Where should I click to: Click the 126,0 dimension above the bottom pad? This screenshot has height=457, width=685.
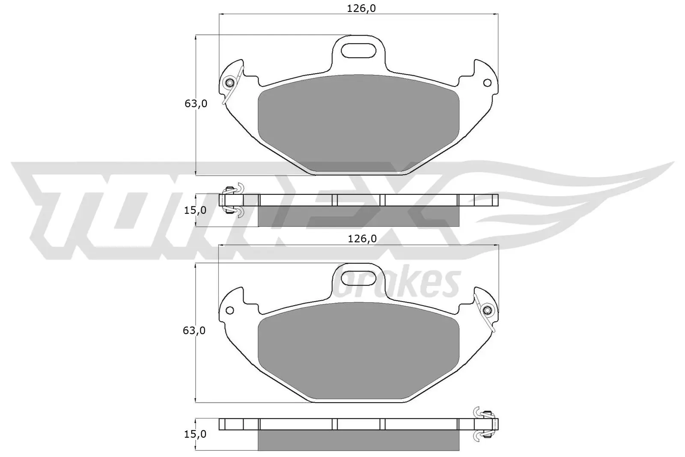(x=362, y=239)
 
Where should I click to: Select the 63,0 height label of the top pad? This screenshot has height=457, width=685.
(x=196, y=104)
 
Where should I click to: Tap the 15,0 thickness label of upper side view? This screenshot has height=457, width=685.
(x=195, y=210)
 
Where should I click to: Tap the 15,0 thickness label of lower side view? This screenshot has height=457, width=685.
(x=195, y=434)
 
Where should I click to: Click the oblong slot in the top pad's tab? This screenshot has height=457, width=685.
(x=359, y=50)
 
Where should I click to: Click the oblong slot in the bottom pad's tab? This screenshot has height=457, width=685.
(x=359, y=278)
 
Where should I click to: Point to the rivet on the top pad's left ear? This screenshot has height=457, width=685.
(x=230, y=83)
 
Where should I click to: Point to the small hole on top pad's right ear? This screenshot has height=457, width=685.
(x=487, y=83)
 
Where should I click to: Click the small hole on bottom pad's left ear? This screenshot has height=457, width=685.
(x=230, y=310)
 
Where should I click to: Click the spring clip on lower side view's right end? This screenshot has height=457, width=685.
(x=485, y=424)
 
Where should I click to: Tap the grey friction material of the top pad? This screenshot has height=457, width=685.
(x=359, y=124)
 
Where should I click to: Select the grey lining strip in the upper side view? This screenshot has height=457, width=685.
(x=359, y=216)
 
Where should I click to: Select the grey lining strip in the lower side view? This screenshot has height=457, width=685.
(x=359, y=440)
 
